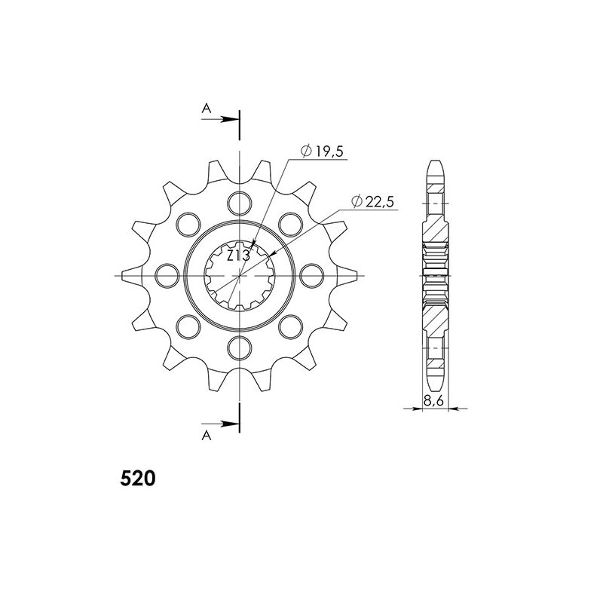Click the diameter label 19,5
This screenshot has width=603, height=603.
click(329, 152)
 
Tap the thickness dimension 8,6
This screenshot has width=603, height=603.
click(434, 401)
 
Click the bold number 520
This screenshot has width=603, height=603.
click(138, 479)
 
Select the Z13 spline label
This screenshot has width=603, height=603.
click(238, 256)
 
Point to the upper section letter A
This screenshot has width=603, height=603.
click(207, 109)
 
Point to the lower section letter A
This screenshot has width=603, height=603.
click(207, 436)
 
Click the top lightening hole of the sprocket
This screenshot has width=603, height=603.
click(239, 203)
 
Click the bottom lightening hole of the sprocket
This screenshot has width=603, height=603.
click(239, 348)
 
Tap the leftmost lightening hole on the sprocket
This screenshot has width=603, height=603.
click(167, 275)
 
